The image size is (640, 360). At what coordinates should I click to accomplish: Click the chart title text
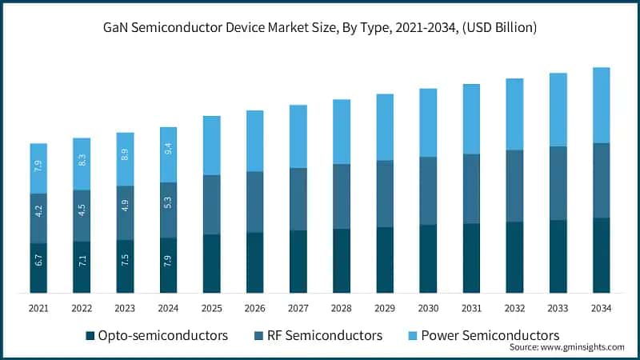point(320,27)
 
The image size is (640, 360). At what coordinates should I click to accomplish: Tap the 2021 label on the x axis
point(39,309)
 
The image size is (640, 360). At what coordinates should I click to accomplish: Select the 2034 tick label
point(601,309)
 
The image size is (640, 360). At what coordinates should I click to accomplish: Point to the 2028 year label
point(342,309)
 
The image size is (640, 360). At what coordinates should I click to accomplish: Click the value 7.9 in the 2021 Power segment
point(39,168)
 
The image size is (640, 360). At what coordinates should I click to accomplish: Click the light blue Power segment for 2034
point(601,105)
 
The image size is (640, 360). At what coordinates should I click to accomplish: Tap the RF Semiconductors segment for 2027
point(298,199)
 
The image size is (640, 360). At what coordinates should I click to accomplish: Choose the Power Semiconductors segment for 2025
point(212,145)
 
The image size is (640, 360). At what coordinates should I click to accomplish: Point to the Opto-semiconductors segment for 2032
point(514,257)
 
